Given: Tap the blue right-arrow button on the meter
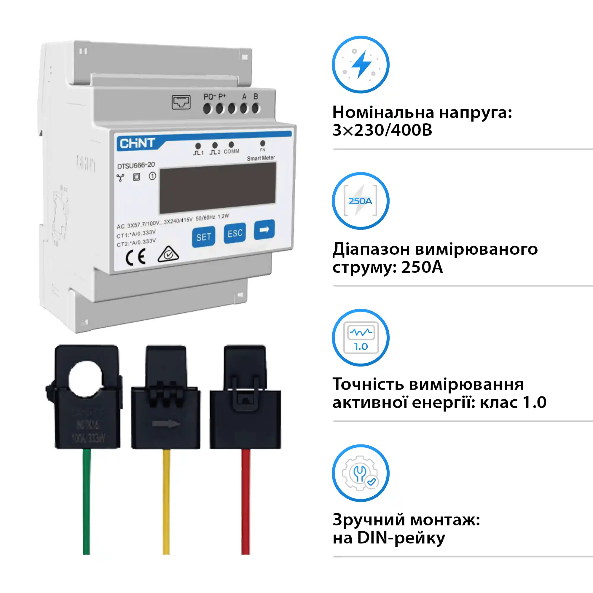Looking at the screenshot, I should point(264,229).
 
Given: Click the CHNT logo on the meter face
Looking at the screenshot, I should point(137,143).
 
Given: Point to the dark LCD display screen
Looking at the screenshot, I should point(218,188).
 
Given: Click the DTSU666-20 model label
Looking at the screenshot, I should point(136,165).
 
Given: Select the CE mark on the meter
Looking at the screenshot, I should point(136,257).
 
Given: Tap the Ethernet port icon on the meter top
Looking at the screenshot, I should point(181,102).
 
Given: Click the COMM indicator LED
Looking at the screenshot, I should point(231,144).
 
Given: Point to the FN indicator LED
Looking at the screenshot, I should point(262,143).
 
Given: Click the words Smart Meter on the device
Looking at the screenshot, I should point(261,158).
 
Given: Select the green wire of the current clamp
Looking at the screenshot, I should point(87,500).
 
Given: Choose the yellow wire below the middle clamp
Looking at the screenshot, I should point(166,500).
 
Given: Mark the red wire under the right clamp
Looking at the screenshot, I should point(246,500).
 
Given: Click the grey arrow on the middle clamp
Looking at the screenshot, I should point(166,424).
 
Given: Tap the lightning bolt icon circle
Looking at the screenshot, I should point(361,65).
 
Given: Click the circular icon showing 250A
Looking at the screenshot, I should point(361,201).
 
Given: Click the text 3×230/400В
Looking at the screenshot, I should point(382,130).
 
